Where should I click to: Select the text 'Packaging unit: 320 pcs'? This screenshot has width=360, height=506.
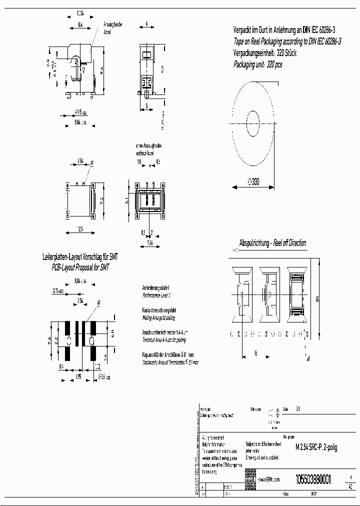click(x=258, y=64)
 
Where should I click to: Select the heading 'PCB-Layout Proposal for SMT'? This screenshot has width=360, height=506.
click(x=80, y=268)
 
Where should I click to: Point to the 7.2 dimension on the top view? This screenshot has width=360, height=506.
click(x=100, y=200)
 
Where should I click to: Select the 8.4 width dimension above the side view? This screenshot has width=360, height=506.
click(x=80, y=23)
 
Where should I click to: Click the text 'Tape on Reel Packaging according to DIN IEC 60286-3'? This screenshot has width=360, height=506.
click(x=287, y=42)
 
